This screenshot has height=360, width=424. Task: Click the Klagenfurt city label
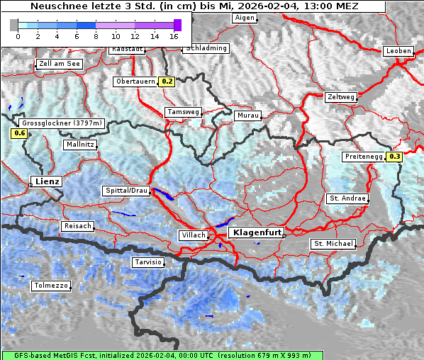pos(258,232)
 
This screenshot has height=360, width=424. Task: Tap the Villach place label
pos(193,235)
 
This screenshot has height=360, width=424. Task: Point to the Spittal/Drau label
pos(126,191)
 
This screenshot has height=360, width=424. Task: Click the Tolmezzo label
pos(50,286)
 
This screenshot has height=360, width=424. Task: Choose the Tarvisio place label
pos(148,262)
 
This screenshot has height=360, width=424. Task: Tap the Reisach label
pos(78,226)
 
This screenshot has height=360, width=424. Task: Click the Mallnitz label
pos(79,145)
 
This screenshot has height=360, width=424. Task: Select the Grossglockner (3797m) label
pos(62,123)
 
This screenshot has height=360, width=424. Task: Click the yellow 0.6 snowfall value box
pos(19,133)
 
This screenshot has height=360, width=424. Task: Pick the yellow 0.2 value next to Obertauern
pos(167,81)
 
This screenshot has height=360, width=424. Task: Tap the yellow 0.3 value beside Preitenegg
pos(394,157)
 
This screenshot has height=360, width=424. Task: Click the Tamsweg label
pos(183,112)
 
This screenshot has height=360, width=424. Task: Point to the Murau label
pos(248,115)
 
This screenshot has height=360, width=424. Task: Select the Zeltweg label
pos(340,97)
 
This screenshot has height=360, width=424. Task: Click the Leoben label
pos(397,51)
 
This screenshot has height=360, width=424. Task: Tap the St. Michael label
pos(333,244)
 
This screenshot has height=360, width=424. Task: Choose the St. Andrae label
pos(347,198)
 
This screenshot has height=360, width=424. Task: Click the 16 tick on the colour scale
pos(174,35)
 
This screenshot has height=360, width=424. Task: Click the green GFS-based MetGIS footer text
pos(162,355)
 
